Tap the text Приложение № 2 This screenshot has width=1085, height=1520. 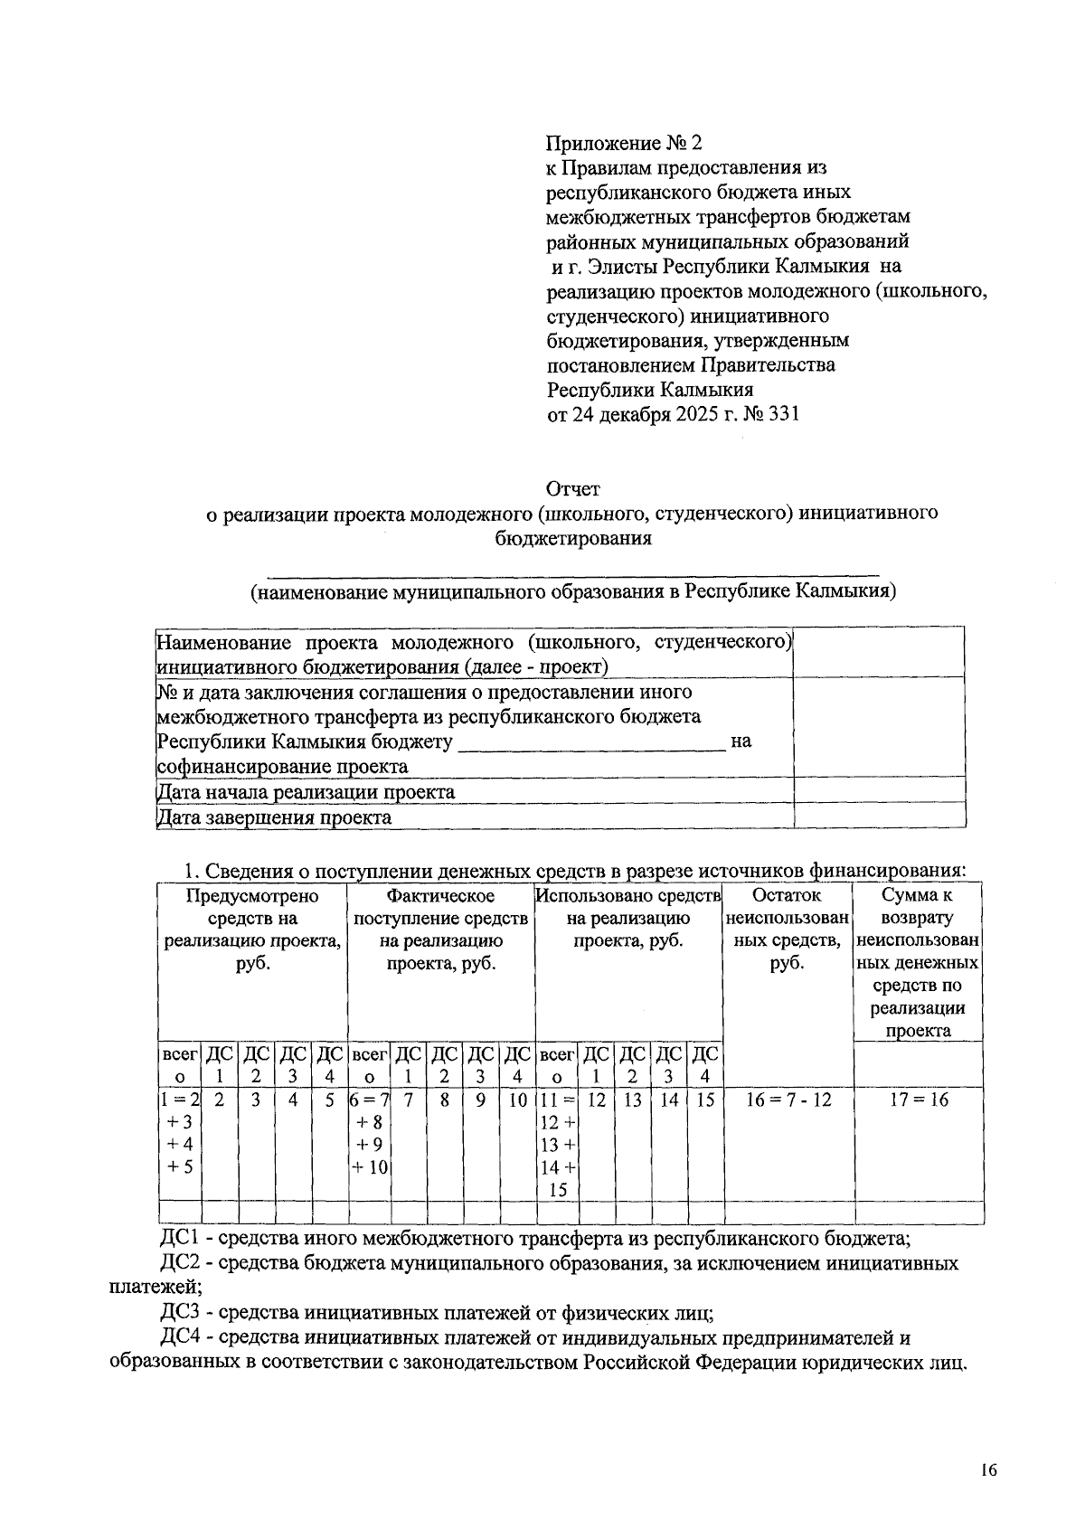[624, 143]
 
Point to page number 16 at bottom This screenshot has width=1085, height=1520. [987, 1471]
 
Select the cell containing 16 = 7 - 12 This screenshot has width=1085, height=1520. [788, 1100]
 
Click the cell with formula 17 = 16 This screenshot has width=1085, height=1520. [918, 1100]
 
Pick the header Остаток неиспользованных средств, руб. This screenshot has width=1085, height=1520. [788, 930]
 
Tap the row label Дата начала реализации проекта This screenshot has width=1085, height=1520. [306, 792]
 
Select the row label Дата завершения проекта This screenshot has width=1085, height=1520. [274, 817]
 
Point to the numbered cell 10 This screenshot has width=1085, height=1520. [517, 1100]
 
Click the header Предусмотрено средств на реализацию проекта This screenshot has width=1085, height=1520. [252, 930]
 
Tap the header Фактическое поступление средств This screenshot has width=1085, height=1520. [441, 930]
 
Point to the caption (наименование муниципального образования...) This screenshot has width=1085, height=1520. [573, 592]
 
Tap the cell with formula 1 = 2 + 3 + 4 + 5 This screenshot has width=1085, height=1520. [179, 1133]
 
